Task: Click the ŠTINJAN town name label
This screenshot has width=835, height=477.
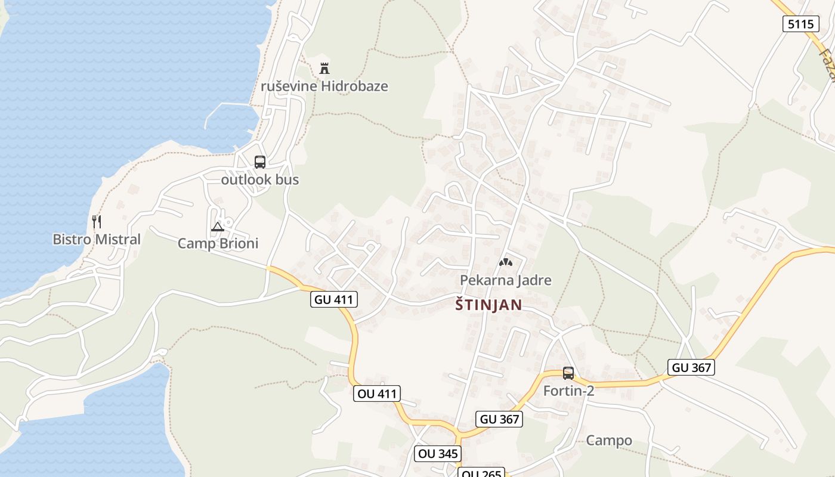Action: pyautogui.click(x=488, y=305)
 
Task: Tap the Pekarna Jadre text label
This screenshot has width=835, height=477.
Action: pyautogui.click(x=505, y=280)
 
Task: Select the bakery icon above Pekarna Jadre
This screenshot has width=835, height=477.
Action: pyautogui.click(x=505, y=262)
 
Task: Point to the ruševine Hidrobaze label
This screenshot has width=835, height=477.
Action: pyautogui.click(x=324, y=86)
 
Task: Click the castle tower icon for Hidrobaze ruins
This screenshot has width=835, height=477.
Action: pyautogui.click(x=324, y=68)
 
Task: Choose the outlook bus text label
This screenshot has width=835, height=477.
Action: pyautogui.click(x=260, y=179)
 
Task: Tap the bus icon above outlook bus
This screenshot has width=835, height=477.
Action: pyautogui.click(x=260, y=162)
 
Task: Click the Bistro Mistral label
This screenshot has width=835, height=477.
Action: pyautogui.click(x=97, y=239)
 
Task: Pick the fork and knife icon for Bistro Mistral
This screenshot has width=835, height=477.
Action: pyautogui.click(x=97, y=222)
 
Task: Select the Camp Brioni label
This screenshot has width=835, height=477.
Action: pyautogui.click(x=218, y=243)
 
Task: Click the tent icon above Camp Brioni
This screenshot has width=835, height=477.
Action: pyautogui.click(x=218, y=227)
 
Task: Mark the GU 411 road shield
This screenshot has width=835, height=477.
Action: pyautogui.click(x=334, y=299)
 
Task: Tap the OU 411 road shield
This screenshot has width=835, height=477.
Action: pyautogui.click(x=376, y=394)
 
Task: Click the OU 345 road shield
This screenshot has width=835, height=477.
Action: pyautogui.click(x=438, y=453)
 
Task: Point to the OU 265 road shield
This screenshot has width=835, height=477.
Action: pyautogui.click(x=481, y=473)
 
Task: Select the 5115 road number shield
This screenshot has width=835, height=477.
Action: pyautogui.click(x=800, y=24)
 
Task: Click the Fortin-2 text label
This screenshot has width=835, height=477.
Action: pyautogui.click(x=568, y=391)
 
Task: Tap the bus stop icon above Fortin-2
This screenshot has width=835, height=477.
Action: pyautogui.click(x=568, y=373)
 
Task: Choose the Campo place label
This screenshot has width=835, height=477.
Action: pyautogui.click(x=609, y=441)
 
